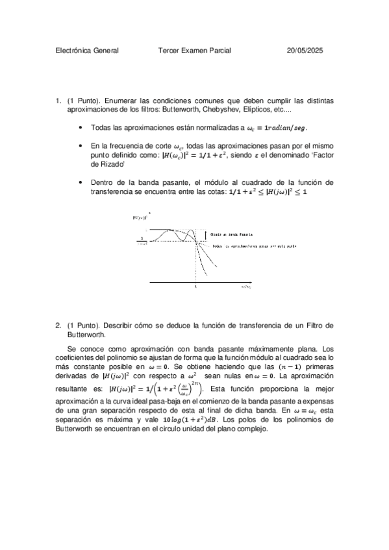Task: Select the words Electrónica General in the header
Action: (x=87, y=50)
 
